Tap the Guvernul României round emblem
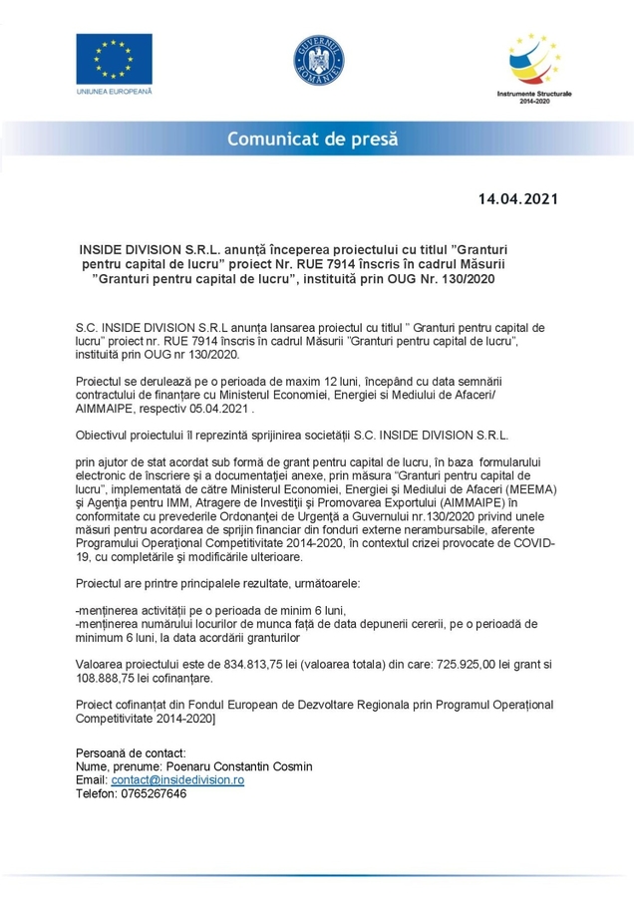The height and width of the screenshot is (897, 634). (x=317, y=59)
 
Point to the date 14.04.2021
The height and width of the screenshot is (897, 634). (x=517, y=198)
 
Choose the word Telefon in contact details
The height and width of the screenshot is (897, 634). (x=96, y=794)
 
